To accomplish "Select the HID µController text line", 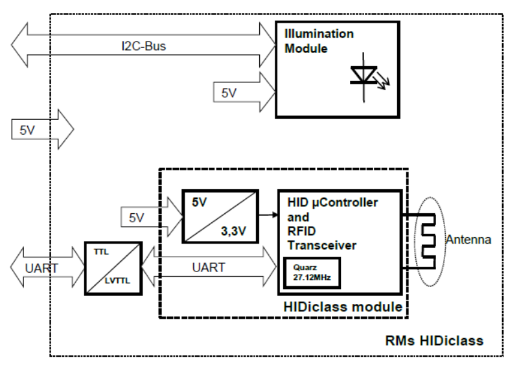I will tap(332, 203).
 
